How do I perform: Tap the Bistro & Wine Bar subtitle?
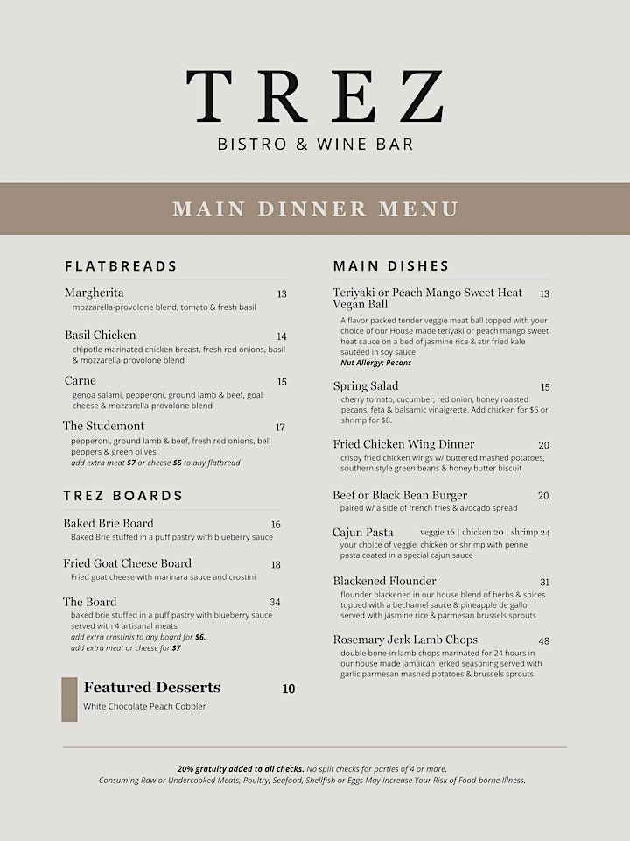[315, 143]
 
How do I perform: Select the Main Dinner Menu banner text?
[315, 208]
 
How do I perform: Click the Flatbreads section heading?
[121, 265]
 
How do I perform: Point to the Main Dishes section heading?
[391, 265]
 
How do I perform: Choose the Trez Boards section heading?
[122, 495]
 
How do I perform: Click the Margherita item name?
[94, 293]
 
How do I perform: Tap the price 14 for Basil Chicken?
[282, 336]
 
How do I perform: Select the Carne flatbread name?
[80, 381]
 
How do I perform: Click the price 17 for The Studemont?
[280, 428]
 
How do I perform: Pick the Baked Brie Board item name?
[108, 523]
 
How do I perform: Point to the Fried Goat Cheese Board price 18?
[276, 565]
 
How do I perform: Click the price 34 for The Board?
[275, 603]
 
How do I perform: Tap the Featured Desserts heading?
[151, 688]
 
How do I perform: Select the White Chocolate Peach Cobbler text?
[144, 706]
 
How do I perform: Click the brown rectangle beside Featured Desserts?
[69, 699]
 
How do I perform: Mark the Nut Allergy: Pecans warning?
[375, 363]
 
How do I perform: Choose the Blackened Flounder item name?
[384, 581]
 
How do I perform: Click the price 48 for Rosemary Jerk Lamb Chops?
[543, 641]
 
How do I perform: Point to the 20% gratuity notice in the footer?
[240, 768]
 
